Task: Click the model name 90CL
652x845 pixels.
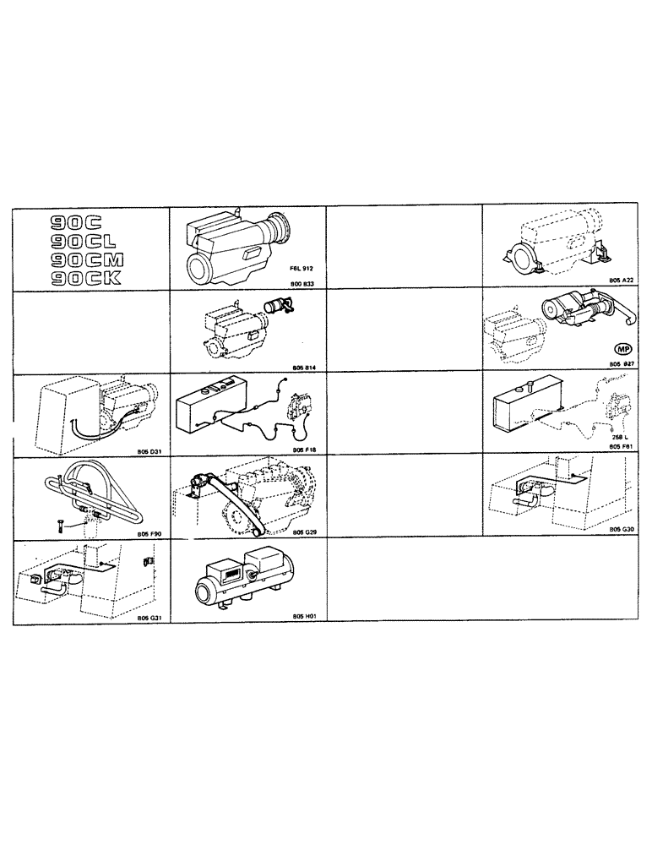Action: pos(75,241)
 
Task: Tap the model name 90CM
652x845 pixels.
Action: pos(80,259)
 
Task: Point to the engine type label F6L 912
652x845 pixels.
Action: pos(301,267)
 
